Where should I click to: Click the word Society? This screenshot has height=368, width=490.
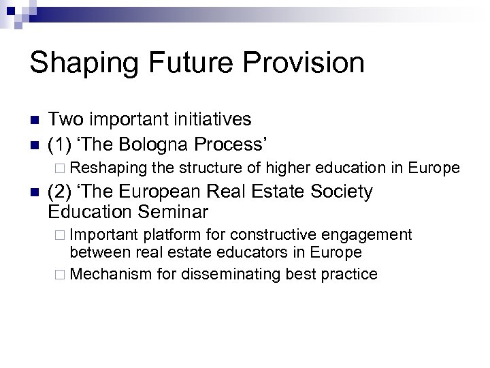tap(339, 193)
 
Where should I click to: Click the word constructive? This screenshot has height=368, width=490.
tap(278, 235)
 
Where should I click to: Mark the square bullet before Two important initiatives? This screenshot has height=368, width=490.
tap(33, 121)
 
